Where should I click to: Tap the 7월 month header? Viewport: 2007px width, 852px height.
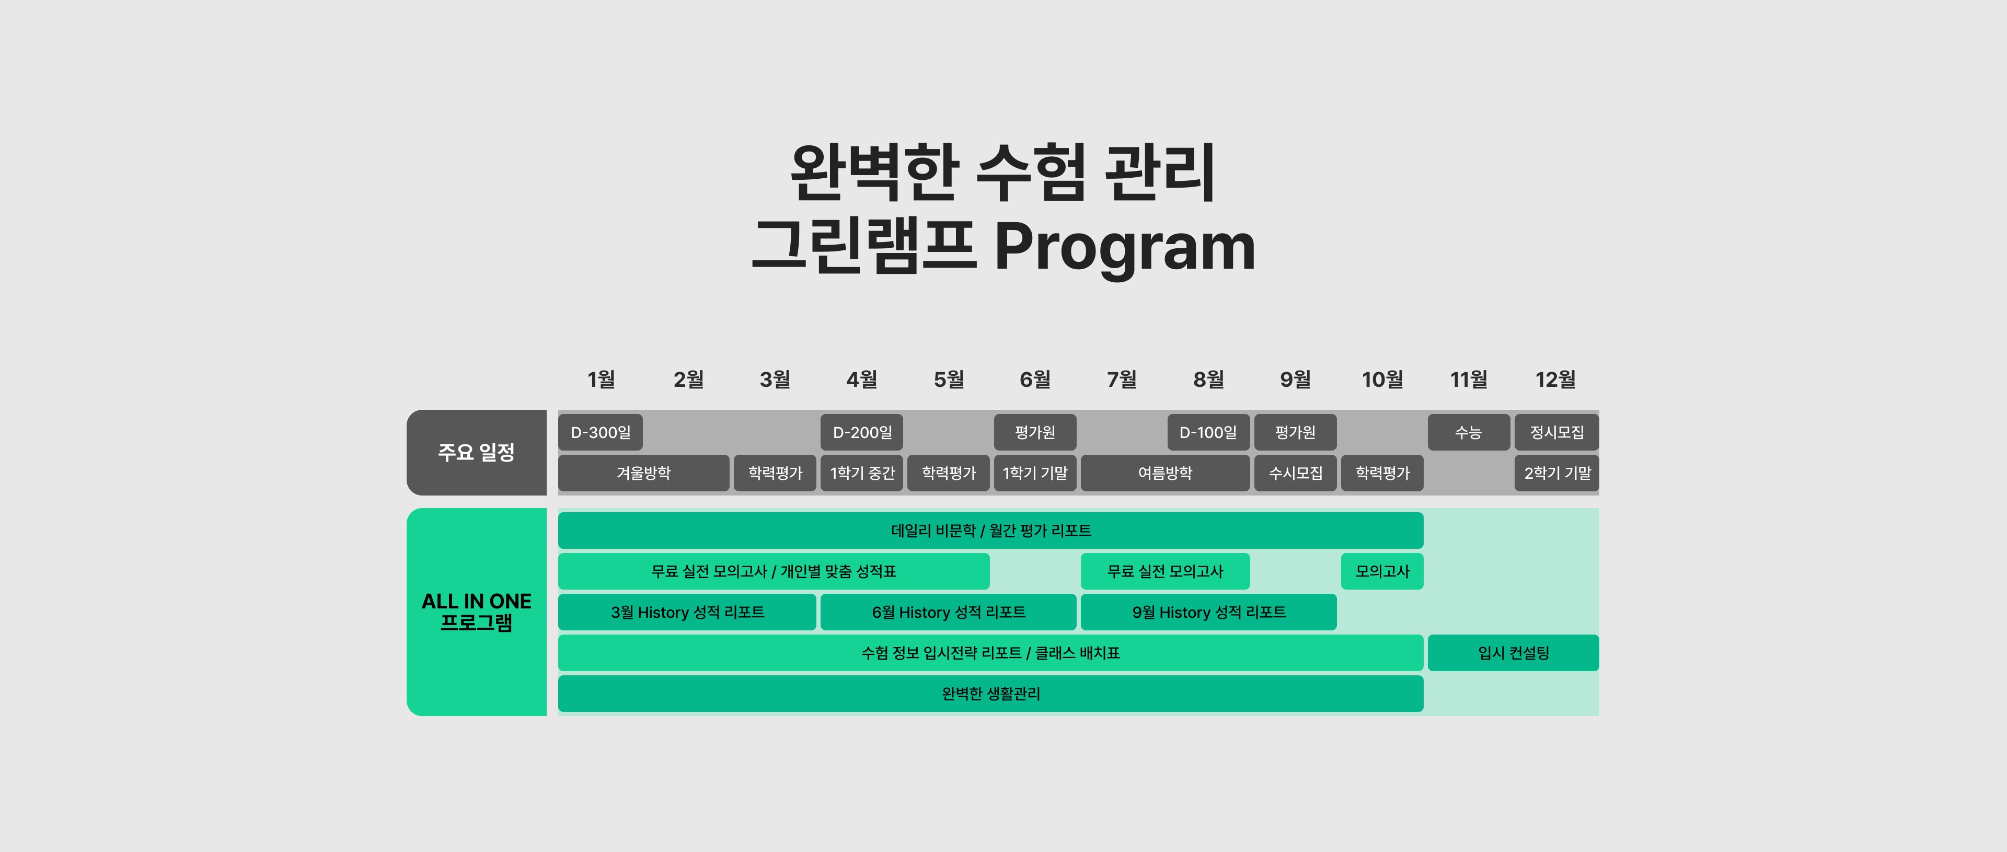(x=1122, y=379)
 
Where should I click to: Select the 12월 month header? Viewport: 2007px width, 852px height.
(x=1555, y=379)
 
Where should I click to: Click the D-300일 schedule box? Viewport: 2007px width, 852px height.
(x=601, y=432)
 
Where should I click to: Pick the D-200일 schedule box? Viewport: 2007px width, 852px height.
(x=862, y=432)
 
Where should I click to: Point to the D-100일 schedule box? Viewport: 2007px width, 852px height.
(x=1208, y=432)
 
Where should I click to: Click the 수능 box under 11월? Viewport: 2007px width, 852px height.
(x=1469, y=432)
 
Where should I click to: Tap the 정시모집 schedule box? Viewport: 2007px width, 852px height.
(x=1556, y=432)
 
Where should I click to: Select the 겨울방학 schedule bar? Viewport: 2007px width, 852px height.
(x=643, y=473)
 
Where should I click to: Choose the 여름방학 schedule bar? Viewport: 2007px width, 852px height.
(x=1166, y=473)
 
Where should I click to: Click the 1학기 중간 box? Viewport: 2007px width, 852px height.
(x=862, y=473)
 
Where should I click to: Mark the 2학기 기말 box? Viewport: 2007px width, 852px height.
(x=1556, y=473)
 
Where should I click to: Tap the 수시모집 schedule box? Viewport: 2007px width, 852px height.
(x=1296, y=473)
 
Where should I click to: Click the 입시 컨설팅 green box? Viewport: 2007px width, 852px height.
(x=1513, y=652)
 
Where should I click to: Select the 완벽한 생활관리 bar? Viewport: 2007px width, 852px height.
(x=991, y=694)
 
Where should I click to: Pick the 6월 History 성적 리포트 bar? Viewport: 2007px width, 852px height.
(x=948, y=612)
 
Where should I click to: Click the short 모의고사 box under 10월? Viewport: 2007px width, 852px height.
(x=1382, y=571)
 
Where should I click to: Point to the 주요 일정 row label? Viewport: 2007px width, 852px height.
(x=477, y=452)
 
